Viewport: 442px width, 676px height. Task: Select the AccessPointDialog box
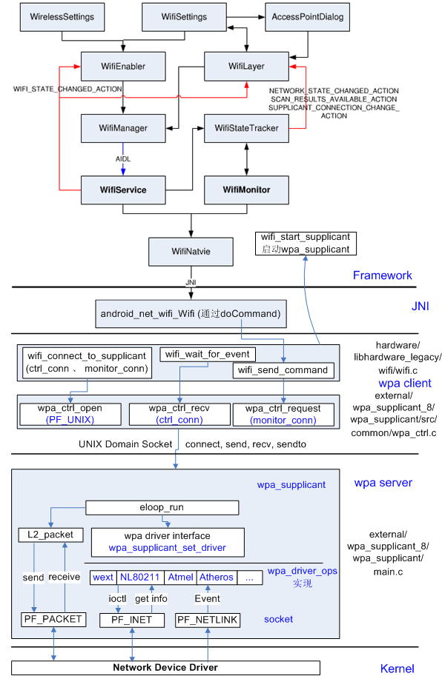coord(308,16)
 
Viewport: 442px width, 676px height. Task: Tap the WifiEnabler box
coord(122,67)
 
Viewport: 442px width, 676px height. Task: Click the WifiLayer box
coord(245,67)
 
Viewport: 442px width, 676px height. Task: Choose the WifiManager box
coord(122,128)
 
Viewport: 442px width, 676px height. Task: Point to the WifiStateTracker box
coord(246,128)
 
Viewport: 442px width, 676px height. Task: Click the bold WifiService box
coord(122,190)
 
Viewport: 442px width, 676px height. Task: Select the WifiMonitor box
coord(246,190)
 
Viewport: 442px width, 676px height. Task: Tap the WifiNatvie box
coord(191,252)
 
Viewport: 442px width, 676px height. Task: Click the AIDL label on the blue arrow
coord(123,159)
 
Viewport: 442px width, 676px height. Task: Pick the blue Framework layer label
coord(382,275)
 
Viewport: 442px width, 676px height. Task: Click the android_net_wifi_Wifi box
coord(190,313)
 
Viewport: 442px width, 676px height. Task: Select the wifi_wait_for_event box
coord(208,354)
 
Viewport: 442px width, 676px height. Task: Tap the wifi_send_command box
coord(283,369)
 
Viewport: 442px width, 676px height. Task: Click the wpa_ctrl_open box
coord(70,413)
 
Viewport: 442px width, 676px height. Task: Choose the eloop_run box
coord(162,507)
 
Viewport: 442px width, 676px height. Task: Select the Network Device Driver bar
coord(165,667)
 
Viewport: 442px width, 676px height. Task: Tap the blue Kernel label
coord(397,669)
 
